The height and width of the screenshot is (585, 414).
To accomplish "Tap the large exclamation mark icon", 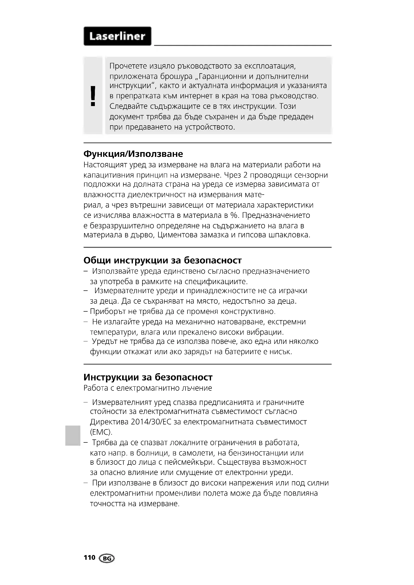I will coord(93,96).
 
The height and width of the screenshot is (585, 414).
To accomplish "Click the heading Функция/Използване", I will coord(133,154).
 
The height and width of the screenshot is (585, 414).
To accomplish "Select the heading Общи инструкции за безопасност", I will coord(162,260).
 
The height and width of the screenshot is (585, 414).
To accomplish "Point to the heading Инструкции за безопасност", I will coord(148,377).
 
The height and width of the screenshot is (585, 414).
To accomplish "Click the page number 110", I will coord(89,558).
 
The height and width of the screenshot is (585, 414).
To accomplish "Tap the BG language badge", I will coord(107,558).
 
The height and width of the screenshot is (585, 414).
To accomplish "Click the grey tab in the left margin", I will coord(72,435).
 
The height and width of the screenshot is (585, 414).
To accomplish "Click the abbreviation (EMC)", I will coord(101,432).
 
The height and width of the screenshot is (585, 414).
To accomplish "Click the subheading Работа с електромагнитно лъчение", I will coord(148,388).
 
